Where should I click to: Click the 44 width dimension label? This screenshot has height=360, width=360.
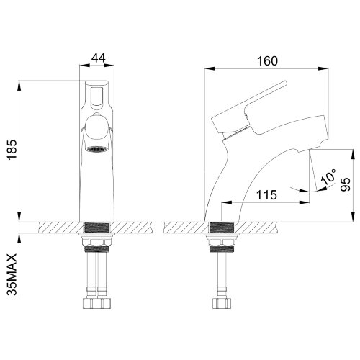click(x=99, y=58)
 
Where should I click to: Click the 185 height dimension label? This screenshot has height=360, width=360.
click(x=12, y=149)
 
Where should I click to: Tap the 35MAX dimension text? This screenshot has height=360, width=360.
click(x=12, y=274)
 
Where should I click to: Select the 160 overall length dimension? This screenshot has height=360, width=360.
click(x=267, y=61)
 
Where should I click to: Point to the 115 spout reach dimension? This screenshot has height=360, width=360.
click(x=266, y=195)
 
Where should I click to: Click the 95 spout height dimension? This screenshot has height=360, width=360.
click(x=346, y=184)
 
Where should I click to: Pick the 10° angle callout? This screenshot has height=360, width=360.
click(x=328, y=177)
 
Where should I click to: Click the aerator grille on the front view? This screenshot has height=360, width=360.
click(x=96, y=149)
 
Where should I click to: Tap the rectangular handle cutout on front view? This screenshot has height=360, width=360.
click(x=96, y=96)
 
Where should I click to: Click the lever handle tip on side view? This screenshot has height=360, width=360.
click(x=285, y=83)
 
